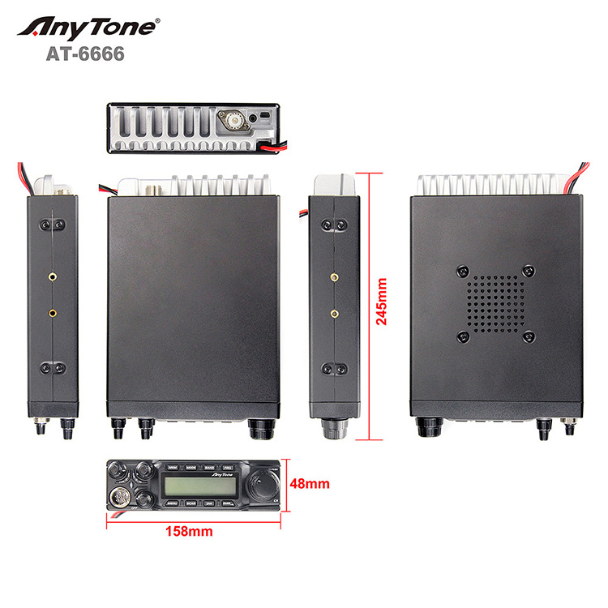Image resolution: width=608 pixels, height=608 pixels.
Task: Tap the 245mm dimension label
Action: tap(381, 301)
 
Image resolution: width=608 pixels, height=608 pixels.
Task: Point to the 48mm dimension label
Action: tap(310, 485)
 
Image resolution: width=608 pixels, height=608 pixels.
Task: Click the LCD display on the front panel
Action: tap(199, 486)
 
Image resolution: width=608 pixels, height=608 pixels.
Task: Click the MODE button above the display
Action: tap(191, 468)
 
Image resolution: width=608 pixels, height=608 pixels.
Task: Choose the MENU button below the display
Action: tap(171, 503)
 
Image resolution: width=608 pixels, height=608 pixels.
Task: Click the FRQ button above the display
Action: tap(229, 468)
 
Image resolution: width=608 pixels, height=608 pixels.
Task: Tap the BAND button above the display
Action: tap(210, 468)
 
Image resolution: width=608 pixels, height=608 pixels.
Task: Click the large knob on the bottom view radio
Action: tap(428, 426)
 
